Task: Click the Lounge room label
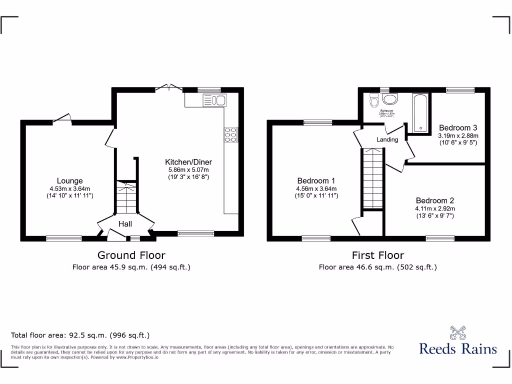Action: tap(69, 181)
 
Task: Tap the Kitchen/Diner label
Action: tap(188, 162)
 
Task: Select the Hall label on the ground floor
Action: tap(125, 224)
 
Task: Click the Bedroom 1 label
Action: tap(316, 181)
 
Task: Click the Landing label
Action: tap(387, 139)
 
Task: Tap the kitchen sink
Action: tap(215, 100)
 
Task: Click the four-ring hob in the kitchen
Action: tap(231, 135)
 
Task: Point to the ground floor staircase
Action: tap(126, 197)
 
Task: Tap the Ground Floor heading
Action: tap(131, 255)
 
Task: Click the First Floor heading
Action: tap(377, 255)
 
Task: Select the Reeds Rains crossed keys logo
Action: tap(457, 332)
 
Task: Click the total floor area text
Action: tap(80, 335)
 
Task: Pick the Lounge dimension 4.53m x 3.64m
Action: tap(69, 188)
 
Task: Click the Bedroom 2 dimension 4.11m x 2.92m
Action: tap(434, 208)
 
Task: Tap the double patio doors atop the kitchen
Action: tap(169, 88)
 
